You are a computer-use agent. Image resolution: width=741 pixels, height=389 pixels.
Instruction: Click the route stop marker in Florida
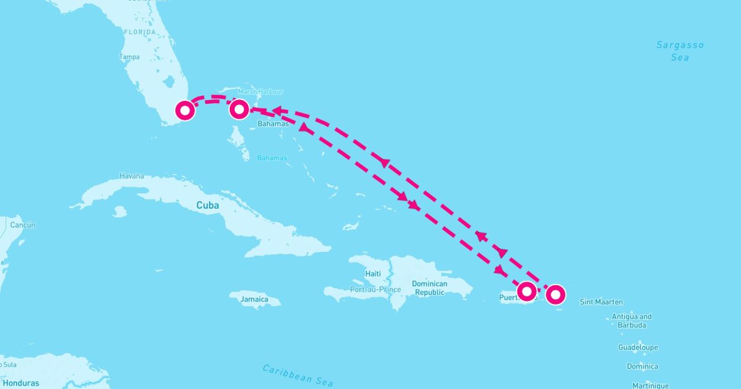(x=185, y=111)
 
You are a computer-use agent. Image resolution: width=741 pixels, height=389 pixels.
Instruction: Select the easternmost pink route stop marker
(x=556, y=295)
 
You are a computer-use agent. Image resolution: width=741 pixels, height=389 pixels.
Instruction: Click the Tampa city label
(x=129, y=57)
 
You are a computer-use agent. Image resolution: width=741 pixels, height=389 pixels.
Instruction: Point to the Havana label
(x=132, y=176)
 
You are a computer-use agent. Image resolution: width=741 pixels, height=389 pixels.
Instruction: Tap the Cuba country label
(x=208, y=205)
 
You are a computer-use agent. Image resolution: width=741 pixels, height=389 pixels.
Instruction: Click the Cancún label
(x=22, y=225)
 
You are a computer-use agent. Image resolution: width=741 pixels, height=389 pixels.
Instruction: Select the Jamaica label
(x=255, y=299)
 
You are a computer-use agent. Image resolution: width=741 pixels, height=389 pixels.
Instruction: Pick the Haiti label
(x=373, y=273)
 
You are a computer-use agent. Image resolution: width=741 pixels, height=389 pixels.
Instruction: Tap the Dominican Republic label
(x=430, y=288)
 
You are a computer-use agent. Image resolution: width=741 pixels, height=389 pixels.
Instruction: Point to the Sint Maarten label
(x=601, y=302)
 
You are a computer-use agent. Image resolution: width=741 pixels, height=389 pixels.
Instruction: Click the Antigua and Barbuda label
(x=632, y=320)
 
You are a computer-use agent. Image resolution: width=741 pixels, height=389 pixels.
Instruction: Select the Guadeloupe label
(x=638, y=348)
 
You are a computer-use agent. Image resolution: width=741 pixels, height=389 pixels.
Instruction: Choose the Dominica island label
(x=642, y=366)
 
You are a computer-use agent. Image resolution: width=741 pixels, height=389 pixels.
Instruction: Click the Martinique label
(x=650, y=385)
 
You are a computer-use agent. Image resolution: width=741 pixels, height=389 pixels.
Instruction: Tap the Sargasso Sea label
(x=680, y=51)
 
